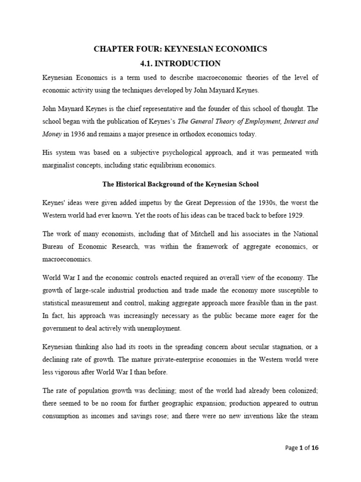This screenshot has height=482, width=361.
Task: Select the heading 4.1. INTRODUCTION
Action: point(180,63)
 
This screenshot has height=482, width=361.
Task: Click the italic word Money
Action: point(52,134)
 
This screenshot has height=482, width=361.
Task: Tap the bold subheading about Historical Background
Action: point(180,184)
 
